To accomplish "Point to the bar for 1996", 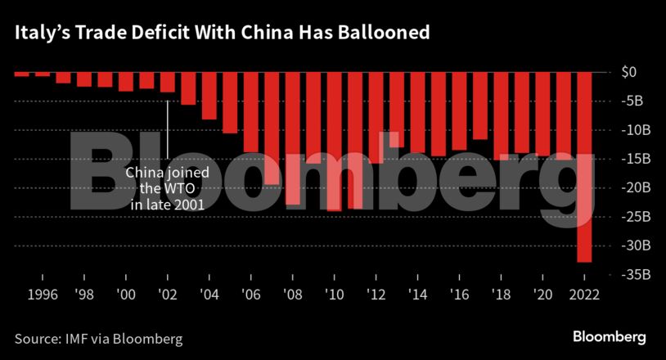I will click(x=21, y=74).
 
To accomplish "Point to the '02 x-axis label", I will click(x=167, y=295).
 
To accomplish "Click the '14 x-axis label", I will click(x=417, y=295).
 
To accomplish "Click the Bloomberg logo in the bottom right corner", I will click(x=609, y=336).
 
